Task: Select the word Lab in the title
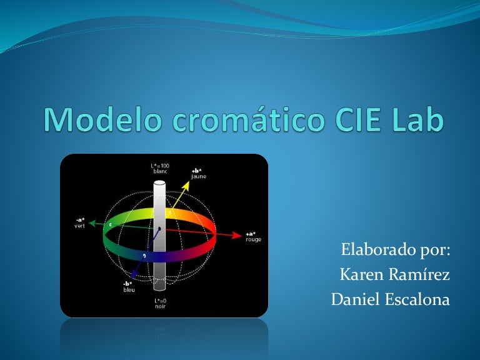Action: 416,119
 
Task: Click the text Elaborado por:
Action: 396,251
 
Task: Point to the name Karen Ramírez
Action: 394,275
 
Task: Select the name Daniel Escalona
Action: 390,299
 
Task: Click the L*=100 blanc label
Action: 160,168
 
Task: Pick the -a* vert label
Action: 79,222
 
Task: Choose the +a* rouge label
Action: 253,236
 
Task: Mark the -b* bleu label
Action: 128,287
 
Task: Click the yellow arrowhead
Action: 188,184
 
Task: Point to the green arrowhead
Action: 92,222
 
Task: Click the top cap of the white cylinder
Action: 159,183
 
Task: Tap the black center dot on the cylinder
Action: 160,229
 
